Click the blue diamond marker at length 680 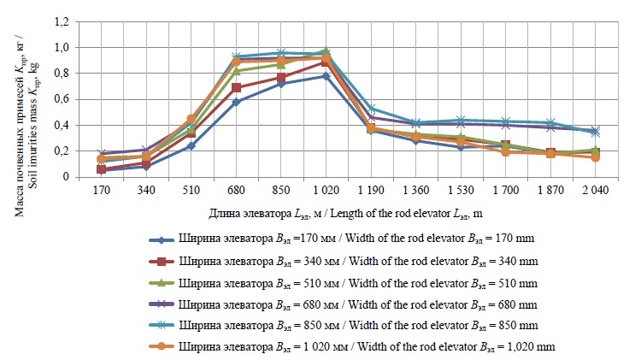click(x=236, y=102)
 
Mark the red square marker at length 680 click(x=236, y=88)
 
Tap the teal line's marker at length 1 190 click(x=370, y=109)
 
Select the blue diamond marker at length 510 click(x=191, y=146)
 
